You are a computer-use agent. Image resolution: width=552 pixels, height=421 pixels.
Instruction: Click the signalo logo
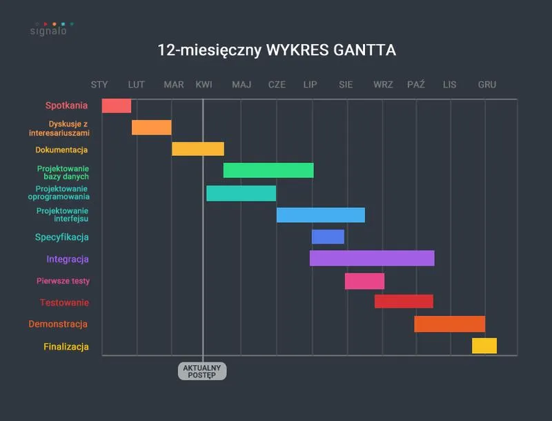[x=49, y=29]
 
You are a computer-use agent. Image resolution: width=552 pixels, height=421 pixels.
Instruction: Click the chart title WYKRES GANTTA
[x=277, y=50]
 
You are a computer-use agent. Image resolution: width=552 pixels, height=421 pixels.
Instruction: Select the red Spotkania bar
[x=117, y=106]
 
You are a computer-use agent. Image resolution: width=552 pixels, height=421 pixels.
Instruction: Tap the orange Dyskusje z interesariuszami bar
[x=152, y=127]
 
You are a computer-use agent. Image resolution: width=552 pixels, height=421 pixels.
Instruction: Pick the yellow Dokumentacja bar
[x=198, y=149]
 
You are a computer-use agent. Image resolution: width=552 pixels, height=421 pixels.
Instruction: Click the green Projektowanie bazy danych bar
[x=268, y=170]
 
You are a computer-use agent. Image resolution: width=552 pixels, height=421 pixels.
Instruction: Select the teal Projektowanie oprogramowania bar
[x=241, y=193]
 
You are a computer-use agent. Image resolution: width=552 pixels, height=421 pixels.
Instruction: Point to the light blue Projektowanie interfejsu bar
[x=321, y=215]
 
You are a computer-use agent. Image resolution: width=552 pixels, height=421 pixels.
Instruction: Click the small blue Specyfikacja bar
[x=328, y=237]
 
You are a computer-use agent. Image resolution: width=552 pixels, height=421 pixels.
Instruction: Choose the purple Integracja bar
[x=372, y=258]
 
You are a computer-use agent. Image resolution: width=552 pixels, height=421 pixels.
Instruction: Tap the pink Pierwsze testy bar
[x=364, y=281]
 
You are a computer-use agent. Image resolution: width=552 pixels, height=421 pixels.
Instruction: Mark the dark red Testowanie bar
[x=404, y=302]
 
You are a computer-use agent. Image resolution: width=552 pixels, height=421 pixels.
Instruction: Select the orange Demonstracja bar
[x=449, y=324]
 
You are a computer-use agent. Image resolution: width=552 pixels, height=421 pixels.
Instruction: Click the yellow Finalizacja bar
[x=484, y=346]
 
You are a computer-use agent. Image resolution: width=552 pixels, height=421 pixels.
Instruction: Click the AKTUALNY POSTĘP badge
[x=202, y=371]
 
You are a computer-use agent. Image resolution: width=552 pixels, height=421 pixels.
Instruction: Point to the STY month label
[x=99, y=85]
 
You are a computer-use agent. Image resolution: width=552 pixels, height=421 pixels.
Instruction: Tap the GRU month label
[x=487, y=85]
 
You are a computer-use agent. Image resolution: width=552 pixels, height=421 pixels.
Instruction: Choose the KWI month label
[x=204, y=85]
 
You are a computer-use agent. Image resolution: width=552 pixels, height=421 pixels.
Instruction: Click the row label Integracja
[x=68, y=260]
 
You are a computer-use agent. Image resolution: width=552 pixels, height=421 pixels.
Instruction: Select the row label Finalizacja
[x=66, y=347]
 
